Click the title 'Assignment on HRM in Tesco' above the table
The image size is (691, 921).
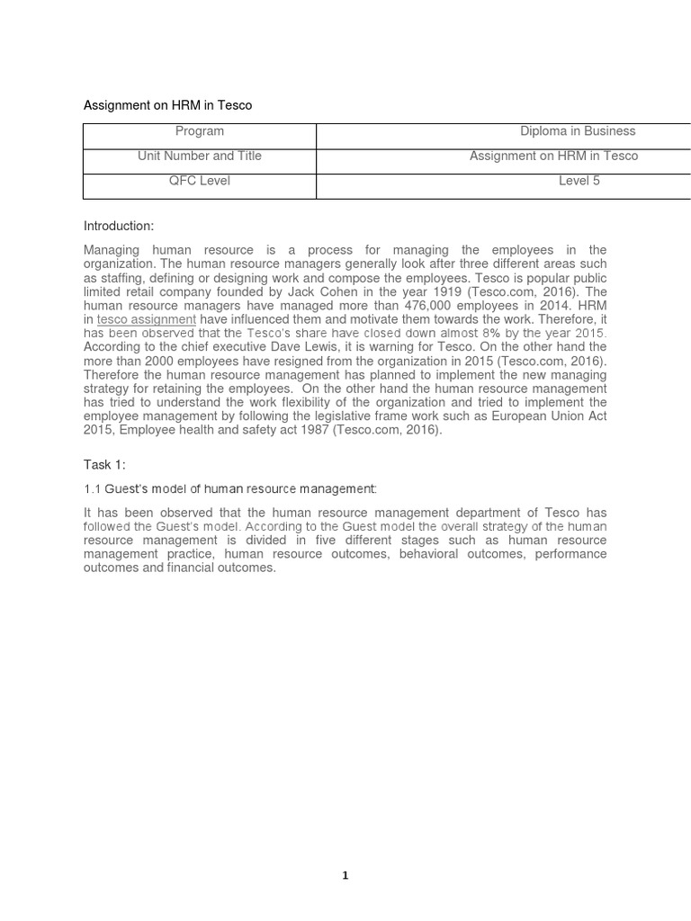167,105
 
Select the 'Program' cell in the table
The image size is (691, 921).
200,131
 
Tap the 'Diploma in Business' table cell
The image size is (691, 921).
578,131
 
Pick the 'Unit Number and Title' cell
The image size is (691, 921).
200,156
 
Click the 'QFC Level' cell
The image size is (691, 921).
200,181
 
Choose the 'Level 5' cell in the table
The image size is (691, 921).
579,181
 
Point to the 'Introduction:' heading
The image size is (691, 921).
119,226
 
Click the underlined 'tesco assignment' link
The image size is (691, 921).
146,319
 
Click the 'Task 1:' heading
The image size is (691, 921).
104,464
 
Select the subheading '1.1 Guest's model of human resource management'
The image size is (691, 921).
229,488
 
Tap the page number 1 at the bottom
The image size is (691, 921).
345,875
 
